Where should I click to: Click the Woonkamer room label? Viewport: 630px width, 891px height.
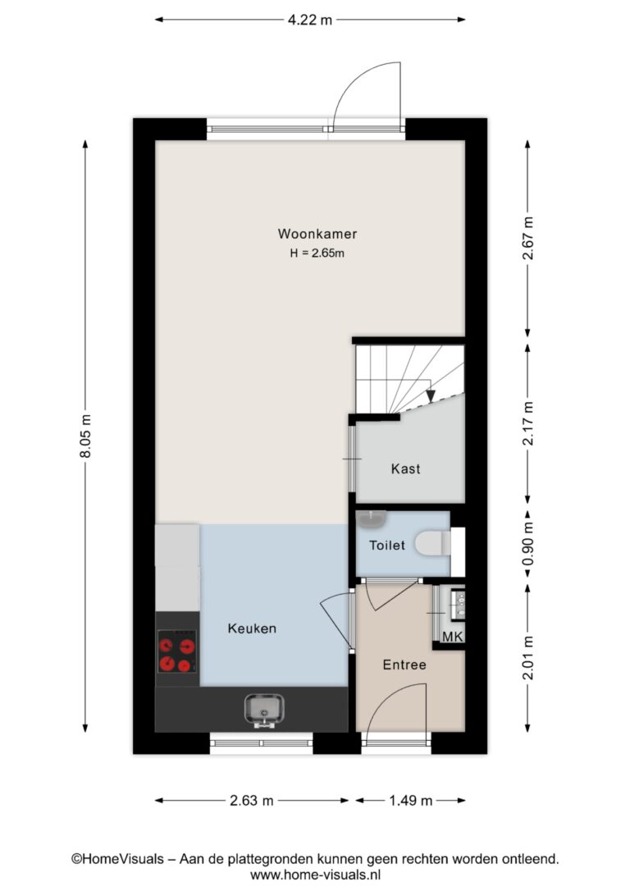[317, 234]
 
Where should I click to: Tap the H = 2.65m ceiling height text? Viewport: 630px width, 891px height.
[317, 253]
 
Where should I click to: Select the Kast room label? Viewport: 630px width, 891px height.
[405, 468]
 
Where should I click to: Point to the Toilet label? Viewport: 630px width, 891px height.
[387, 546]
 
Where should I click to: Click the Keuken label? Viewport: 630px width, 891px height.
[252, 628]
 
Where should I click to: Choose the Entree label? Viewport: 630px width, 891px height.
[404, 665]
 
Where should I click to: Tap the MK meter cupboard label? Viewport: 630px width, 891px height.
[453, 637]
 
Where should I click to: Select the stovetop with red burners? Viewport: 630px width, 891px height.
[177, 651]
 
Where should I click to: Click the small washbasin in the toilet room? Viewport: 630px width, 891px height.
[372, 519]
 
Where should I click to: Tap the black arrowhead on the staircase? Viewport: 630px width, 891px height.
[430, 395]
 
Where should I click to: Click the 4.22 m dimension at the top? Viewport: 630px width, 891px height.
[309, 20]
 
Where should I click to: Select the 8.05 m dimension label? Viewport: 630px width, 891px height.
[85, 436]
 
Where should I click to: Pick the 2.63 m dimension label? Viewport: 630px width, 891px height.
[252, 801]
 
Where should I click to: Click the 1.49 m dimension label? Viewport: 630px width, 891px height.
[411, 801]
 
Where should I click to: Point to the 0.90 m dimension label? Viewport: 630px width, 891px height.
[527, 546]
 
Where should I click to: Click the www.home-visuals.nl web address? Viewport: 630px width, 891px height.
[315, 875]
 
